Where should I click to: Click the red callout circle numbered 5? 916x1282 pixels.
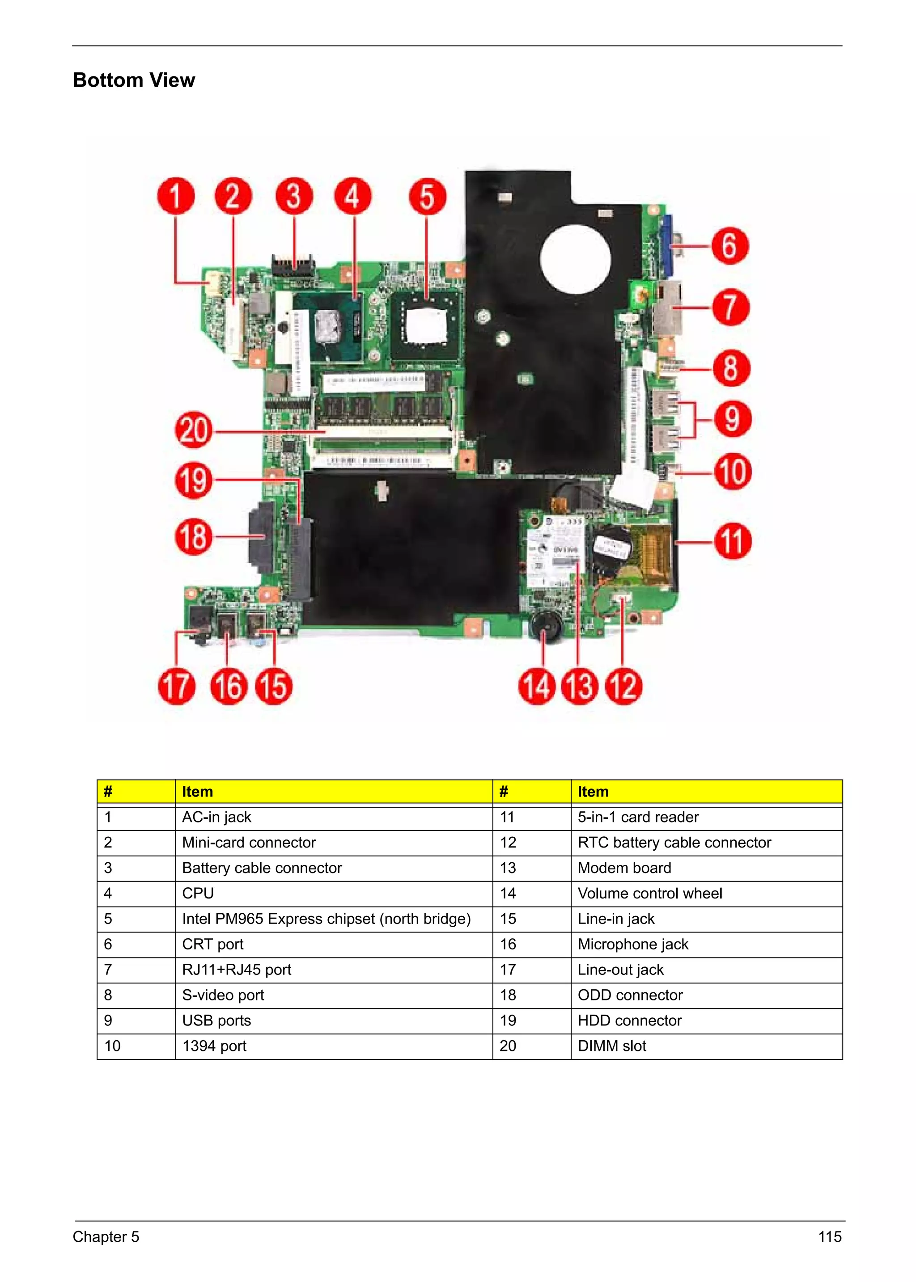(427, 197)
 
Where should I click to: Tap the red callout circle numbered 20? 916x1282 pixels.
(194, 430)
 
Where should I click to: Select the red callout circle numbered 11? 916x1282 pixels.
(733, 541)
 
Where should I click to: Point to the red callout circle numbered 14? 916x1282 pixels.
(536, 686)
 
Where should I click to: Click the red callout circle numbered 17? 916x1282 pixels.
(177, 686)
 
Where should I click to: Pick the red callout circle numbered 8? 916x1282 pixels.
(731, 368)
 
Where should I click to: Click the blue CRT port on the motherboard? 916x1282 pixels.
(666, 247)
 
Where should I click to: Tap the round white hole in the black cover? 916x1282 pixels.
(575, 259)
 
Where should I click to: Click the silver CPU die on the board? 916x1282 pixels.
(328, 327)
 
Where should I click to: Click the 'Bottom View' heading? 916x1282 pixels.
(134, 80)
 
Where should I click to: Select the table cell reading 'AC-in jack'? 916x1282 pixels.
(216, 817)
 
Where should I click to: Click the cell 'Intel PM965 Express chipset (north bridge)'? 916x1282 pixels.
(326, 919)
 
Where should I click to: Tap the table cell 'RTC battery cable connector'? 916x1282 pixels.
(674, 842)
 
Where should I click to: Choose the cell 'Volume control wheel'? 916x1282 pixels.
(650, 894)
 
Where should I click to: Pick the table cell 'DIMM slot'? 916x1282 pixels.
(612, 1046)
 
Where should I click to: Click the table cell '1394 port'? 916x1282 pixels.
(214, 1046)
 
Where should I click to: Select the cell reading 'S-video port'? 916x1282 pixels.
(223, 995)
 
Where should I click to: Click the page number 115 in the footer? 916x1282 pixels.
(829, 1237)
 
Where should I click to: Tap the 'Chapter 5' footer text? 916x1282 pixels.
(106, 1237)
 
